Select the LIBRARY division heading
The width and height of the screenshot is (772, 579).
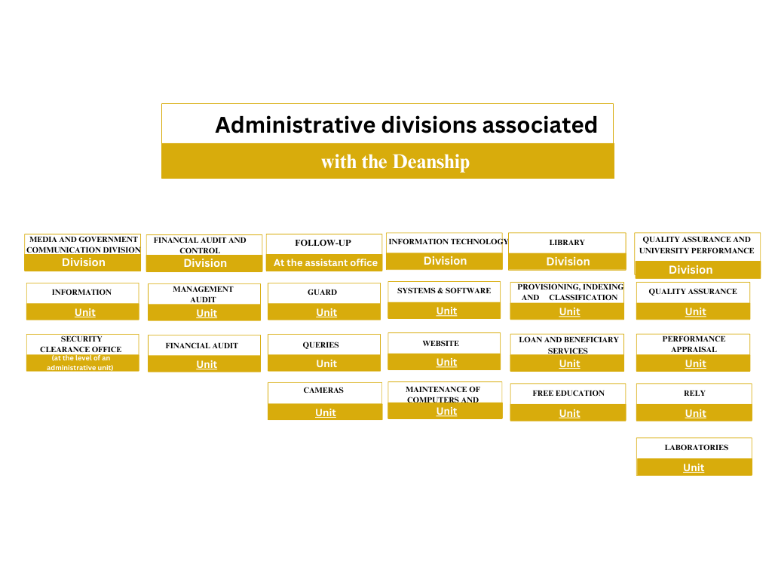[567, 243]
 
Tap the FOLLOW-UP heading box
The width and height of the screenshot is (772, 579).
[323, 243]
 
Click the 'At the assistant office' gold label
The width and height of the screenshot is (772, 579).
[325, 263]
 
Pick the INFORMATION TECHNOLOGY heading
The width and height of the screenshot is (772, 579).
[449, 242]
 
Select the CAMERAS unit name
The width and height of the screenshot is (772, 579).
[323, 391]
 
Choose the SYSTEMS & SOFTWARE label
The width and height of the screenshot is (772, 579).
[444, 291]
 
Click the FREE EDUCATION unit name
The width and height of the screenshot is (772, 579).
[568, 394]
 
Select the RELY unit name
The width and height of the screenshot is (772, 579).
[694, 394]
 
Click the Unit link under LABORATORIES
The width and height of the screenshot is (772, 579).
[694, 468]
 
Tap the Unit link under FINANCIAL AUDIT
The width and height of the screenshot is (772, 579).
[207, 365]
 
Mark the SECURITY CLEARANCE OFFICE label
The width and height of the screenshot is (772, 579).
[81, 345]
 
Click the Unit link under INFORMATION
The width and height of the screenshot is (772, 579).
[85, 313]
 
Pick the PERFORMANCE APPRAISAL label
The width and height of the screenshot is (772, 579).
[694, 345]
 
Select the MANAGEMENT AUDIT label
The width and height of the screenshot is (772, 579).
[203, 294]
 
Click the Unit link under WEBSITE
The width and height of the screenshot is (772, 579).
[446, 363]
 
